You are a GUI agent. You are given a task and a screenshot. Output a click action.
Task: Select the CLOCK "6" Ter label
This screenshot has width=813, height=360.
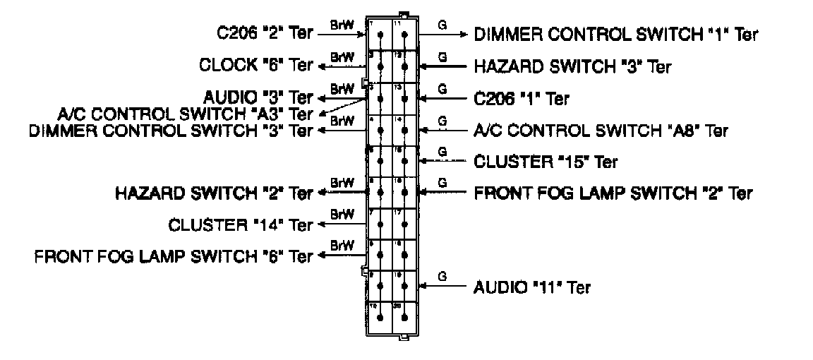coord(255,66)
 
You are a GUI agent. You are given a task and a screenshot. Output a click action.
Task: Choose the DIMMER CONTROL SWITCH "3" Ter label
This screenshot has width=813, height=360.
coord(170,131)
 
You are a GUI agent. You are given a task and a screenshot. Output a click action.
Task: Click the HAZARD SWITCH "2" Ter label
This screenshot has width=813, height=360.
coord(214,193)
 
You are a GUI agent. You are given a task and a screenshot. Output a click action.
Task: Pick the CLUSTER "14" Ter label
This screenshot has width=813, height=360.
coord(241,225)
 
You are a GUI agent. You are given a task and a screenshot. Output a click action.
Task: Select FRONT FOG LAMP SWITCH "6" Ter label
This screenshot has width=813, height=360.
coord(173,256)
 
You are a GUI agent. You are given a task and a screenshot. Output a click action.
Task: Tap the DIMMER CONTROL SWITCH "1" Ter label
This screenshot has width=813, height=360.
coord(616,34)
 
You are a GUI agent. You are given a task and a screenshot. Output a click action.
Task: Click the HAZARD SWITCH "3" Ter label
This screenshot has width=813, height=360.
coord(572,67)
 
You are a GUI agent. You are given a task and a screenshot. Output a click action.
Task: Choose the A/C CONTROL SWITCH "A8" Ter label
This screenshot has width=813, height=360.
coord(601,131)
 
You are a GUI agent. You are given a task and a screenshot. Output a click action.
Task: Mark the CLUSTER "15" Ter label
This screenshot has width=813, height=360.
coord(546,162)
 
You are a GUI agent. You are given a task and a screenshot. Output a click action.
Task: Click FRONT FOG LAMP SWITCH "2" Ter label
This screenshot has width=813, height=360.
coord(613,193)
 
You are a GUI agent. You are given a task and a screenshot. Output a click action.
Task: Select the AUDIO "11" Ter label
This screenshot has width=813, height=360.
coord(532,287)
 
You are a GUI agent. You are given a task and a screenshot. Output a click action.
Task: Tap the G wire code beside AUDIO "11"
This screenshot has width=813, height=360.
coord(442,276)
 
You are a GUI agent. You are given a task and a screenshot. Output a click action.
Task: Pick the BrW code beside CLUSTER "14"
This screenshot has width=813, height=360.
coord(342,213)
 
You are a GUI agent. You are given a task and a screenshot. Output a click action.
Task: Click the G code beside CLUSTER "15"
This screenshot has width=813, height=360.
coord(442,151)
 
